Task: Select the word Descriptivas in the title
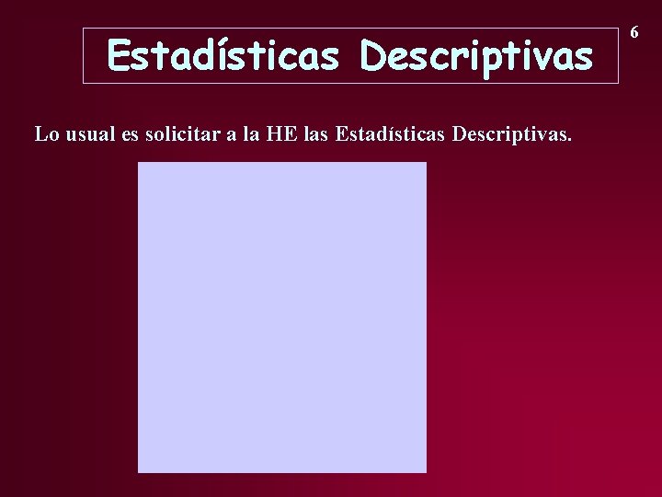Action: [476, 56]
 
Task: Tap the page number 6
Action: [634, 32]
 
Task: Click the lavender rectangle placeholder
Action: [282, 318]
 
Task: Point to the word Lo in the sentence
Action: [47, 134]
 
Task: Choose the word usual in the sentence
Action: [90, 134]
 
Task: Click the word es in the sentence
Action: [130, 134]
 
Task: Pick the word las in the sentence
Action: [314, 134]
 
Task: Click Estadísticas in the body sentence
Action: [389, 134]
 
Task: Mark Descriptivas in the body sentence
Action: [510, 134]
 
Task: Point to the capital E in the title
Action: [119, 56]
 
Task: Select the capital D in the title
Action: [373, 56]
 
